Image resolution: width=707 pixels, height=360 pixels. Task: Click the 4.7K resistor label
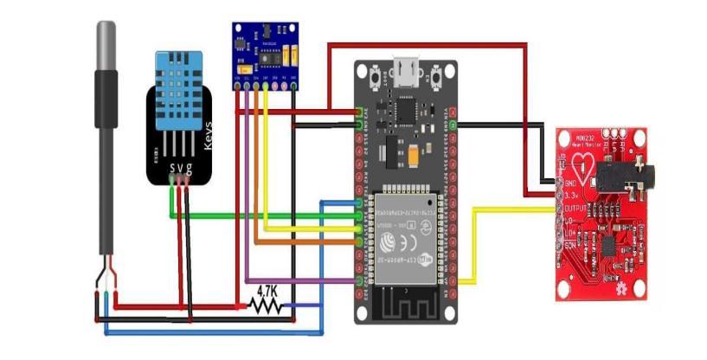pyautogui.click(x=265, y=292)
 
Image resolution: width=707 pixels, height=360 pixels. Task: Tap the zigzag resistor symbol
pyautogui.click(x=264, y=305)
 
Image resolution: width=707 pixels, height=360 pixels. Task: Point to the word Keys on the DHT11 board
pyautogui.click(x=208, y=137)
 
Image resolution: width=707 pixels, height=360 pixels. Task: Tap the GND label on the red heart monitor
pyautogui.click(x=570, y=183)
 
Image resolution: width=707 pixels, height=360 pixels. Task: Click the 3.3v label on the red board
pyautogui.click(x=572, y=196)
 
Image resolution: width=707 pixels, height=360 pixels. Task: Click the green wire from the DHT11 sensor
pyautogui.click(x=260, y=215)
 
